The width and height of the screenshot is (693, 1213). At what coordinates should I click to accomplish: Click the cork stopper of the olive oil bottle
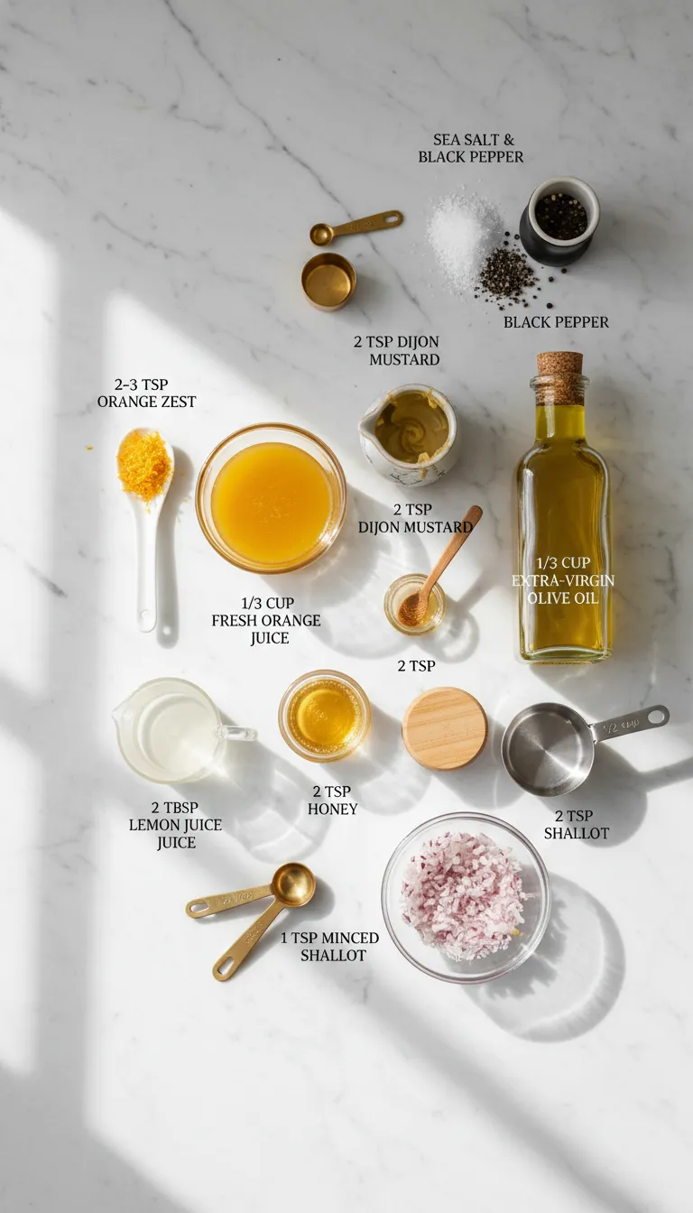559,376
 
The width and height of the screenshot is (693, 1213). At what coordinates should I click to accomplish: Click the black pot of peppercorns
559,220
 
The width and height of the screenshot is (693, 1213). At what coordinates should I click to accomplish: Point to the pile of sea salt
463,234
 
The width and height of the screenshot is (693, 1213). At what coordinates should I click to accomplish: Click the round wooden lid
445,727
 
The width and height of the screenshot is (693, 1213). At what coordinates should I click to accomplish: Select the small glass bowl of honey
325,716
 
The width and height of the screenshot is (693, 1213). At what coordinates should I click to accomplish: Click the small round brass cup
328,281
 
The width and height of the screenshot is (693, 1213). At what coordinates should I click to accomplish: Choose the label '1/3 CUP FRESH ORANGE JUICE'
266,620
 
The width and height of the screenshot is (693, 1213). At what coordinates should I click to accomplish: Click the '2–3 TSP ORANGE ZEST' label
146,394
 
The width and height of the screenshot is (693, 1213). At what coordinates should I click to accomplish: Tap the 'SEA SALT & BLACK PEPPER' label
470,148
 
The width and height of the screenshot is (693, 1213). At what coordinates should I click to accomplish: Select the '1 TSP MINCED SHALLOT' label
329,946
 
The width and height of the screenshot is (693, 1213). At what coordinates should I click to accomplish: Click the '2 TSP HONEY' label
332,801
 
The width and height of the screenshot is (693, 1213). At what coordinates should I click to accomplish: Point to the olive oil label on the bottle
563,580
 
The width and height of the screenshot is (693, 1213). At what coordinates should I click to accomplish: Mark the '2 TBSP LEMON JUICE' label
175,825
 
